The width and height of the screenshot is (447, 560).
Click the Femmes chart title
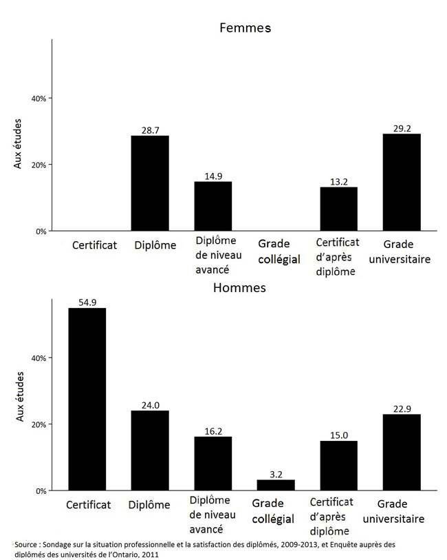(245, 28)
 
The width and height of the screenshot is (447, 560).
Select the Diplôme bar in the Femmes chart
(150, 183)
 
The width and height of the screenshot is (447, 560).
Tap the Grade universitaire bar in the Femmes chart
(402, 183)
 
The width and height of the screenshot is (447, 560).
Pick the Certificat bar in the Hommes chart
(87, 399)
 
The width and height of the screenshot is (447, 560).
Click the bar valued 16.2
(213, 464)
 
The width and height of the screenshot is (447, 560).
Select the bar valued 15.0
(338, 466)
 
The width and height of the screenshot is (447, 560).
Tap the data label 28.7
(150, 129)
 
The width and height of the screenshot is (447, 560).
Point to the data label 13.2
(338, 181)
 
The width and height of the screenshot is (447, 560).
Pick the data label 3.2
(276, 474)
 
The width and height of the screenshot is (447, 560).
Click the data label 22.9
(402, 408)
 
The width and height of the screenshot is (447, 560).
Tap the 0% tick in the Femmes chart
(40, 231)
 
